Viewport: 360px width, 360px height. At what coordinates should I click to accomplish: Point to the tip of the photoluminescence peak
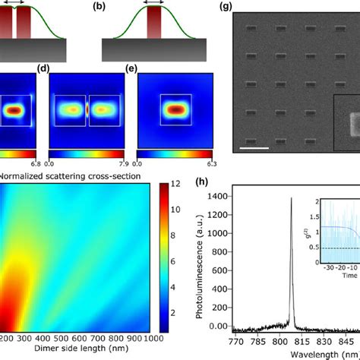point(291,199)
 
